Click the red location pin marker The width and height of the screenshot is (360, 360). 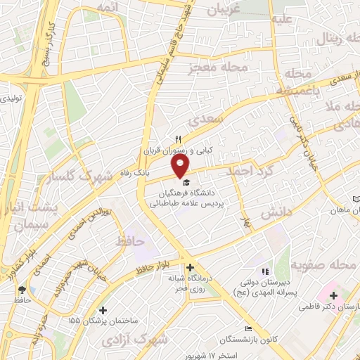pyautogui.click(x=181, y=166)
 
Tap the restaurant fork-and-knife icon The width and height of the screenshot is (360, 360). pyautogui.click(x=178, y=139)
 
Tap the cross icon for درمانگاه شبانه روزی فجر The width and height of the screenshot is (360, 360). pyautogui.click(x=190, y=267)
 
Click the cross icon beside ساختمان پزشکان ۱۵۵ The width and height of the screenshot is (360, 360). pyautogui.click(x=103, y=310)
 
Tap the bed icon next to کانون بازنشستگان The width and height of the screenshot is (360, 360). pyautogui.click(x=247, y=329)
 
